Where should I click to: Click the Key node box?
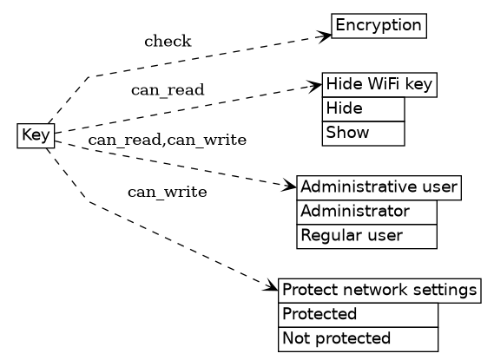click(36, 135)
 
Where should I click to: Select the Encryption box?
click(379, 26)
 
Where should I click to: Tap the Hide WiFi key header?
click(379, 85)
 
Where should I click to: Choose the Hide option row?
click(363, 109)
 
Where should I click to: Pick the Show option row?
click(363, 133)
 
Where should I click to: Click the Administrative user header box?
click(379, 187)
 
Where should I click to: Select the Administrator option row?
click(366, 212)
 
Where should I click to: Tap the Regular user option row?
click(366, 236)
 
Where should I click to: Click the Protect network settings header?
click(379, 290)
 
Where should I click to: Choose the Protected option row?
click(358, 314)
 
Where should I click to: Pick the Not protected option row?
click(358, 338)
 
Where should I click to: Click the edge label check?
click(168, 42)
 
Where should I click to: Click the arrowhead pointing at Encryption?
click(326, 36)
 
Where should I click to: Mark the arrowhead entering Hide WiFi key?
click(316, 85)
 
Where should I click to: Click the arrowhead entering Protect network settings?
click(272, 287)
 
